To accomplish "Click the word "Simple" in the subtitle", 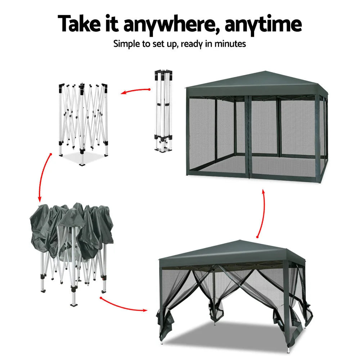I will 126,44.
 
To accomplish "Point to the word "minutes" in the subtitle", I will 230,44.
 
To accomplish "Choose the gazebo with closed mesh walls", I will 256,126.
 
